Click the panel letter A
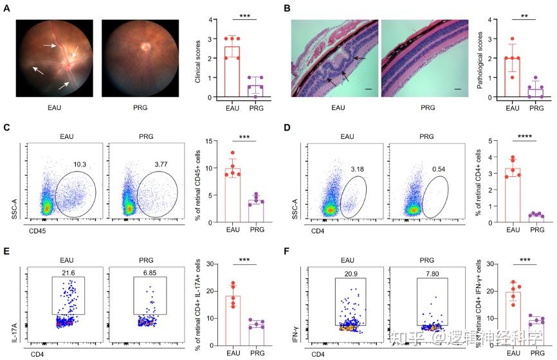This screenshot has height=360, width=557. [x=5, y=8]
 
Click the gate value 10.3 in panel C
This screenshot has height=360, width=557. [x=78, y=165]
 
